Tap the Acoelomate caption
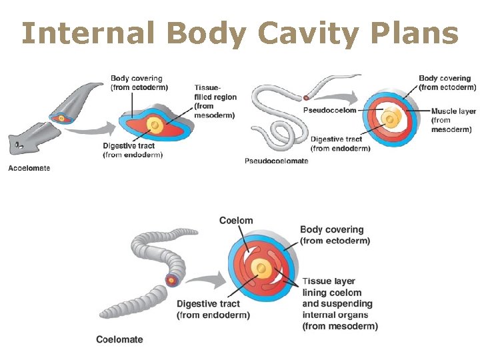click(x=29, y=168)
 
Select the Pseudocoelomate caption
click(x=276, y=161)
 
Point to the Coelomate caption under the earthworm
click(x=119, y=339)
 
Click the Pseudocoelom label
click(x=329, y=109)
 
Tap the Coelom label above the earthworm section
click(x=236, y=221)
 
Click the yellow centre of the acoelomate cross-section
click(x=155, y=124)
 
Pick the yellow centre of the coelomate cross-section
click(x=264, y=269)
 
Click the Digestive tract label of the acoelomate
click(x=133, y=151)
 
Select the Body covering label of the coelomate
click(x=335, y=235)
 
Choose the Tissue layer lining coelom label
click(x=339, y=303)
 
